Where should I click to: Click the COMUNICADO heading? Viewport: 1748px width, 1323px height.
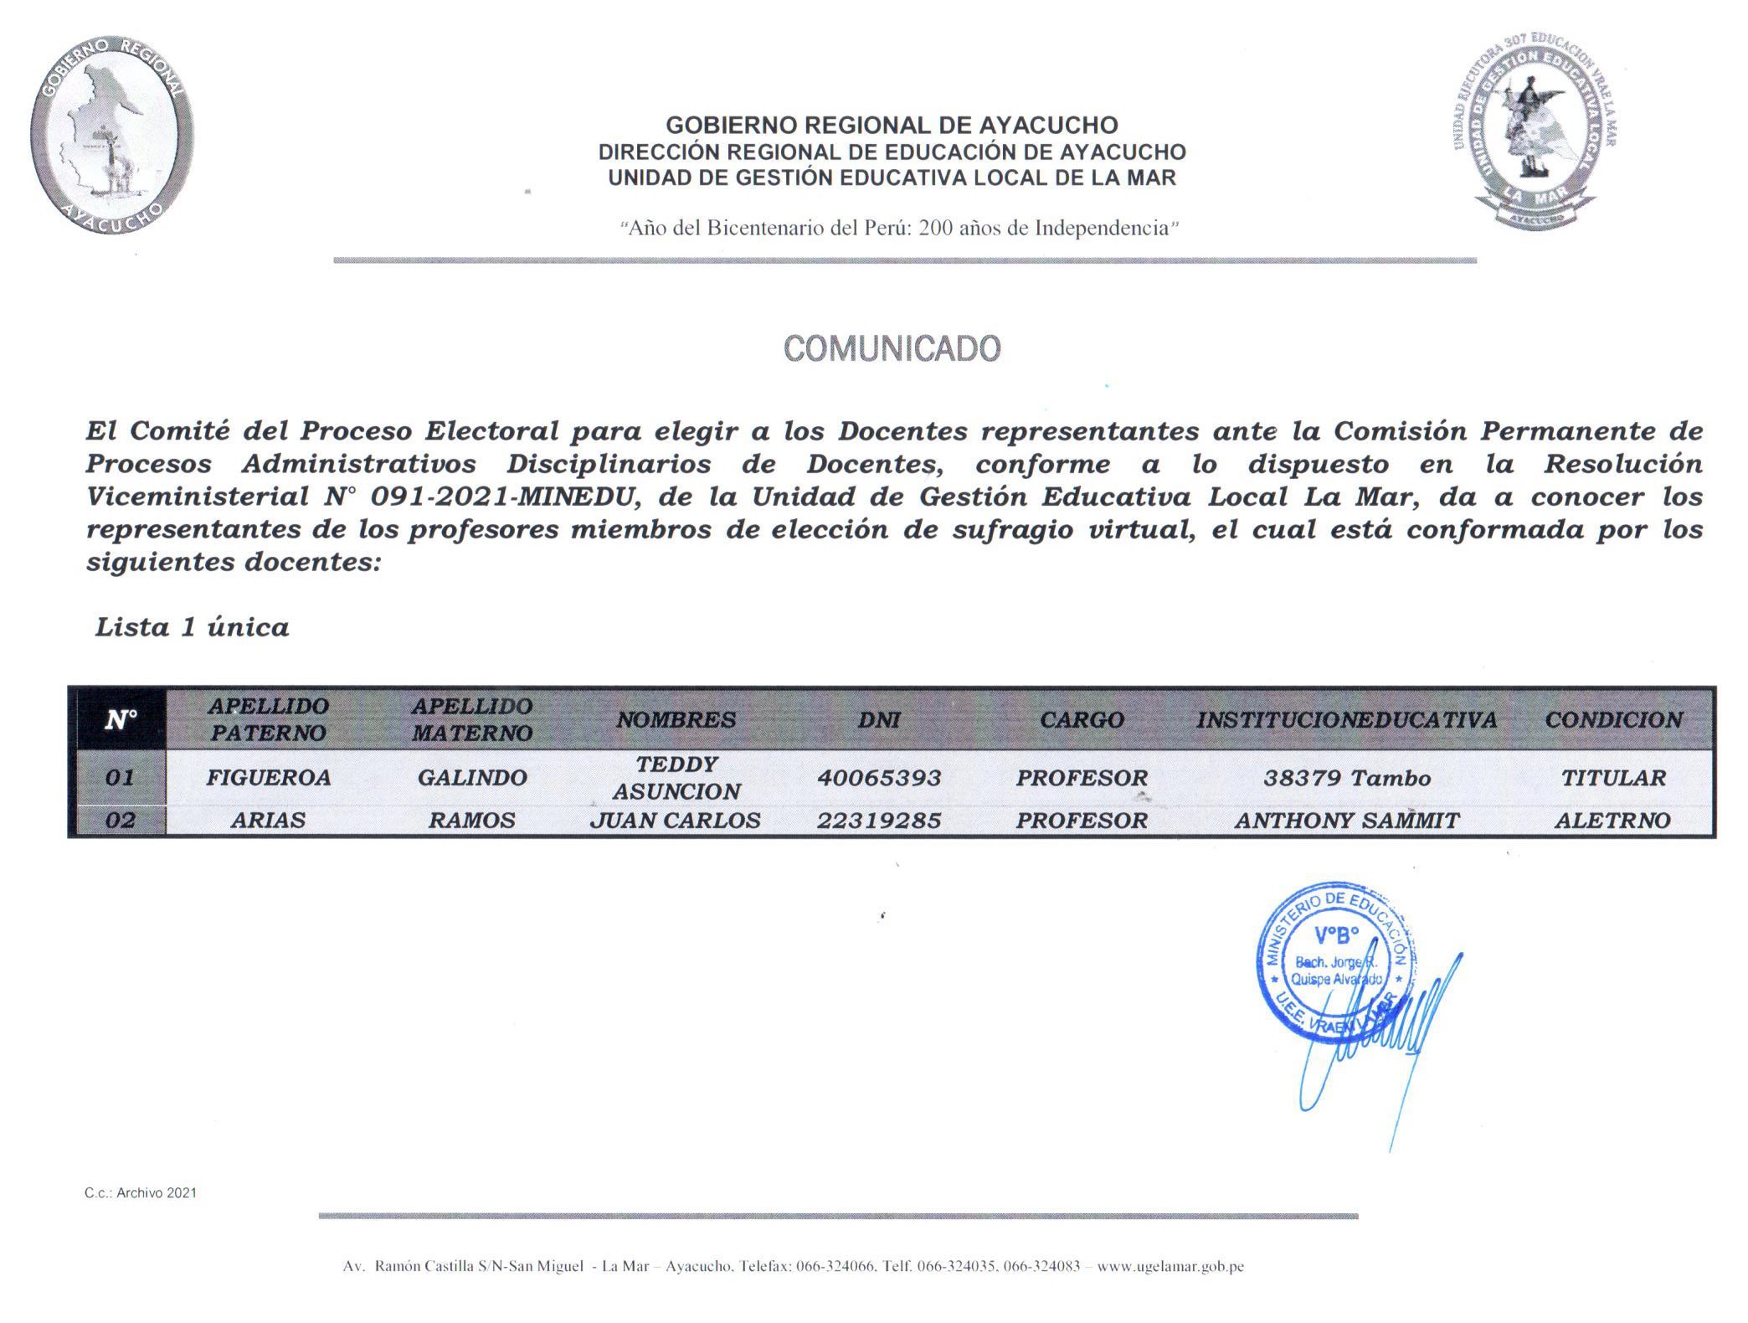[x=892, y=348]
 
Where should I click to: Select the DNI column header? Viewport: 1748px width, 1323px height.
[x=879, y=719]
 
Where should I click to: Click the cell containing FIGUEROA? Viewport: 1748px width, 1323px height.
[x=269, y=778]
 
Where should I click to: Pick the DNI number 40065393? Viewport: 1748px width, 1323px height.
[x=879, y=778]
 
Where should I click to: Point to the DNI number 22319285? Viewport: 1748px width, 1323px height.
[x=879, y=821]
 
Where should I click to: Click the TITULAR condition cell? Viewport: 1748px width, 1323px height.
[x=1613, y=778]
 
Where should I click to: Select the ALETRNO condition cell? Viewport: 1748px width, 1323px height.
[x=1612, y=821]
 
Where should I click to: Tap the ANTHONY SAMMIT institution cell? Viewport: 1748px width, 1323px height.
[x=1346, y=821]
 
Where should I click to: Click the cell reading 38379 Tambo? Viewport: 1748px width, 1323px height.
[x=1346, y=778]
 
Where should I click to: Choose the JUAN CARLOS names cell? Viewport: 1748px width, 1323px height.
[x=676, y=821]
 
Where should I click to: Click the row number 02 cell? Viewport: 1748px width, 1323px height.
[x=120, y=821]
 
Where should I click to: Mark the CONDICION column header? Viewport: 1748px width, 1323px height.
[x=1613, y=719]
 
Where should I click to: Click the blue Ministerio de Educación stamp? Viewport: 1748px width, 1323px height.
[x=1335, y=963]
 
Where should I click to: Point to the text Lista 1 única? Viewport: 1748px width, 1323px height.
[x=193, y=627]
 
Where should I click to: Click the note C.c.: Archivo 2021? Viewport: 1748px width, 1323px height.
[x=141, y=1192]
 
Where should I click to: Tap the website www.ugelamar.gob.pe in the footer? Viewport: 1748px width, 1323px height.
[x=1170, y=1266]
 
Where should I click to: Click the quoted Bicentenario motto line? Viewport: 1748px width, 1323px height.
[x=899, y=228]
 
